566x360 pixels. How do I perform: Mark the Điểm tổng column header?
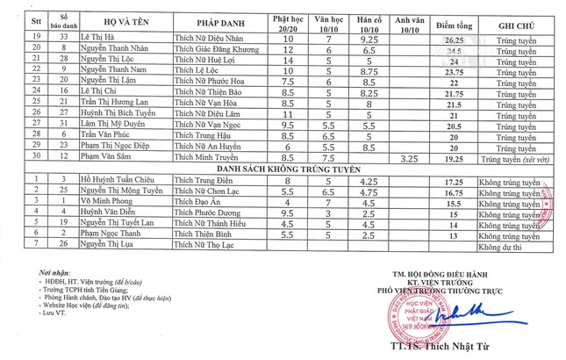click(x=453, y=21)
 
